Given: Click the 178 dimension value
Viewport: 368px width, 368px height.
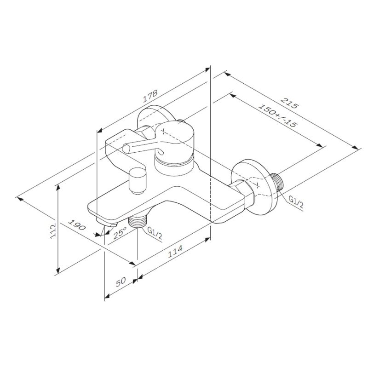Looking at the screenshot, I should (150, 96).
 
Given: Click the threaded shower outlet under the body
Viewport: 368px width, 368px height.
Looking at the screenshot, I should (136, 222).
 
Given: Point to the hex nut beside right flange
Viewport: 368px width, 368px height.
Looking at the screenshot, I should (243, 194).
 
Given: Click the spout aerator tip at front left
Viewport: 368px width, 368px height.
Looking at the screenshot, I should (105, 223).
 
